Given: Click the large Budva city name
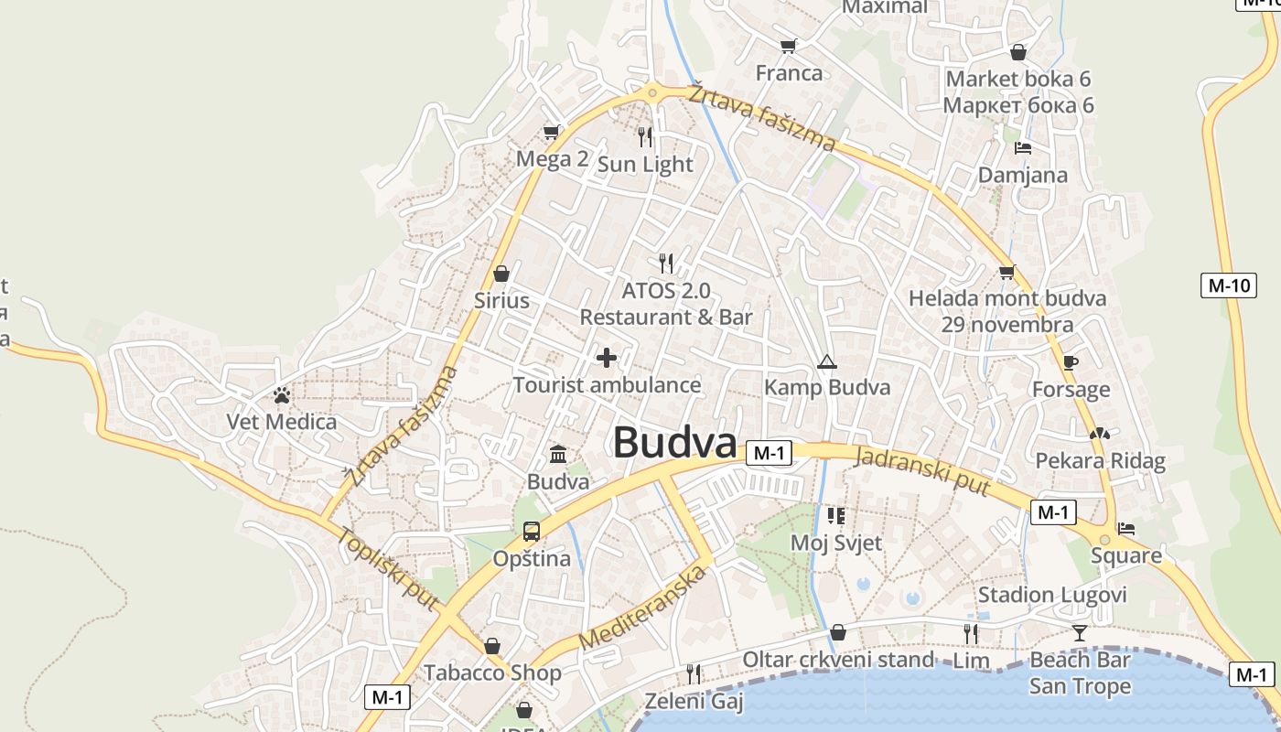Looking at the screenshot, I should [x=674, y=443].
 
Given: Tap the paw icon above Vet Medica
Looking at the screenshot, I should [x=282, y=395].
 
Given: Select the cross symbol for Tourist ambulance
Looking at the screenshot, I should [x=607, y=358].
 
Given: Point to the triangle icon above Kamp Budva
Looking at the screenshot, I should [x=827, y=362].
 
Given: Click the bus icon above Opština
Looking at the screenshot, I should [x=531, y=532].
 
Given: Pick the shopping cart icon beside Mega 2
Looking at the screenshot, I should [x=552, y=133].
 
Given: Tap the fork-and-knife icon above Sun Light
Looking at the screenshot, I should [x=645, y=137].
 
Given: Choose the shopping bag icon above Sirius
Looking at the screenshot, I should [x=501, y=274].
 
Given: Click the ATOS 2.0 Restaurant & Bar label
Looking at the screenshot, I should [x=666, y=304].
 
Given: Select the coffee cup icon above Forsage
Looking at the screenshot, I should [x=1070, y=362].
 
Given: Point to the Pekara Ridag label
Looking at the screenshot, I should [x=1100, y=460].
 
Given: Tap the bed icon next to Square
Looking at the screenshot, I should [x=1126, y=529].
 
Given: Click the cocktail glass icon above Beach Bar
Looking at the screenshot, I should [x=1080, y=632].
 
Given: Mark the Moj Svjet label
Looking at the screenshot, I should [x=836, y=543].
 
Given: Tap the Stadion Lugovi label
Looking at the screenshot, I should [x=1052, y=595].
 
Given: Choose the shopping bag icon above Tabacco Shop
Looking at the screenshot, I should [x=492, y=647].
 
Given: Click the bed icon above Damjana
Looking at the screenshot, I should [x=1023, y=148].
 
